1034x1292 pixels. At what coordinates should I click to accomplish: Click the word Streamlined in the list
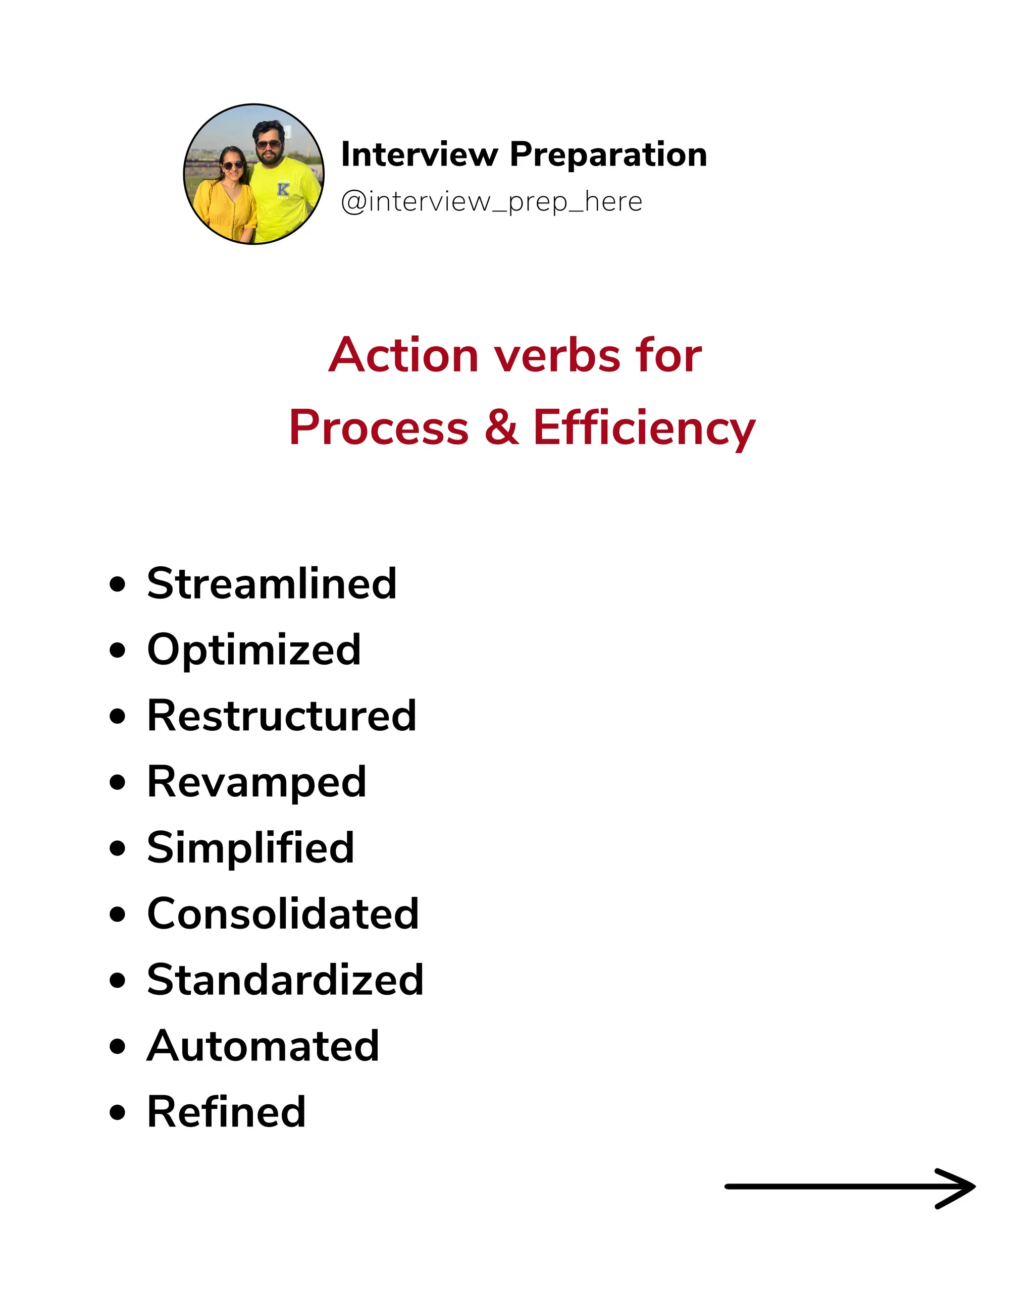pos(272,584)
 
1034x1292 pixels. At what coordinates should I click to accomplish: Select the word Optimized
pos(254,650)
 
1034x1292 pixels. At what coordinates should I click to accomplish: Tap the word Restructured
pos(282,716)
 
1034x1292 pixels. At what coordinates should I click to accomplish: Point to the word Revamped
pos(256,782)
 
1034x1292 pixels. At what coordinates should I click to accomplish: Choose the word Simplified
pos(250,848)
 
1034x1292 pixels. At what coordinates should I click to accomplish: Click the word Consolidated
pos(283,914)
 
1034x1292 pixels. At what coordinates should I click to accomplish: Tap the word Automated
pos(263,1046)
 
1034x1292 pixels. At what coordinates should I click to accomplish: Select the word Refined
pos(227,1112)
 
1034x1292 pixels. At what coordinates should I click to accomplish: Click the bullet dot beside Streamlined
pos(118,584)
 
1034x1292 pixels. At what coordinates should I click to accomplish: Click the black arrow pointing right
pos(850,1186)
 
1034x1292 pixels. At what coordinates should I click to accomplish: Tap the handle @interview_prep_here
pos(492,202)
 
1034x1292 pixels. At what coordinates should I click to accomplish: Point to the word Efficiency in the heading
pos(644,428)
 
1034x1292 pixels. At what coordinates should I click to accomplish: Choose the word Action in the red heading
pos(403,355)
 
